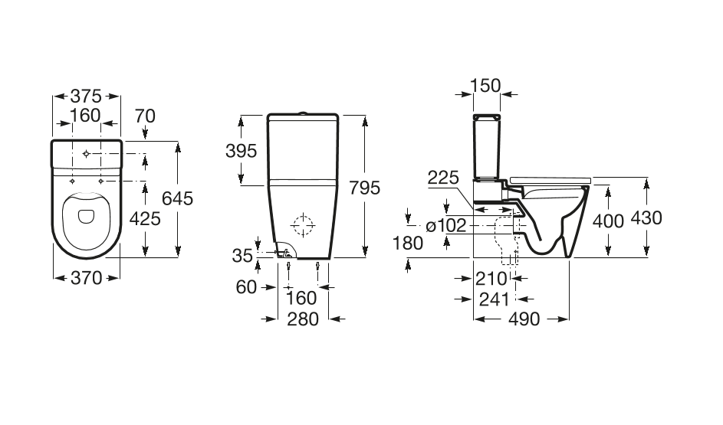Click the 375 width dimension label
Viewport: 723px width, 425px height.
click(x=86, y=96)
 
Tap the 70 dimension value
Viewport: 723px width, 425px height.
click(x=145, y=116)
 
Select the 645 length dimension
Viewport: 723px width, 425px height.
click(x=178, y=198)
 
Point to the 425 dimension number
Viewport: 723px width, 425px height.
click(x=145, y=219)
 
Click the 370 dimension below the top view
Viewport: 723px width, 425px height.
click(x=86, y=278)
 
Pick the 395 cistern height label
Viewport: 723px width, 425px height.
click(x=242, y=151)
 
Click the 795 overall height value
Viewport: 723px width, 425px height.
click(x=364, y=188)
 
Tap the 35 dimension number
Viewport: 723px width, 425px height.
click(x=242, y=256)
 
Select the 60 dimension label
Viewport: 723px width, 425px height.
click(x=246, y=287)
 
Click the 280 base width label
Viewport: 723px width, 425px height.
click(x=303, y=319)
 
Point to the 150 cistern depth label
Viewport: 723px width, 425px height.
click(x=485, y=86)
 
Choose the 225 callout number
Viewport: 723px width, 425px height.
click(x=443, y=178)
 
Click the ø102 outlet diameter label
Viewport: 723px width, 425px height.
click(x=446, y=226)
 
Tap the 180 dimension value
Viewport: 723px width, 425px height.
click(x=408, y=243)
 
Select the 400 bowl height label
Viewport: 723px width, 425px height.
click(x=608, y=221)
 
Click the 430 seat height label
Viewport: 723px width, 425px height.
click(x=646, y=217)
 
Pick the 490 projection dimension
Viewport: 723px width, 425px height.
click(x=524, y=319)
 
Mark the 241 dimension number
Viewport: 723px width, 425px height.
click(x=495, y=299)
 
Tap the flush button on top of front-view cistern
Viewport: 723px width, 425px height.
click(x=303, y=113)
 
